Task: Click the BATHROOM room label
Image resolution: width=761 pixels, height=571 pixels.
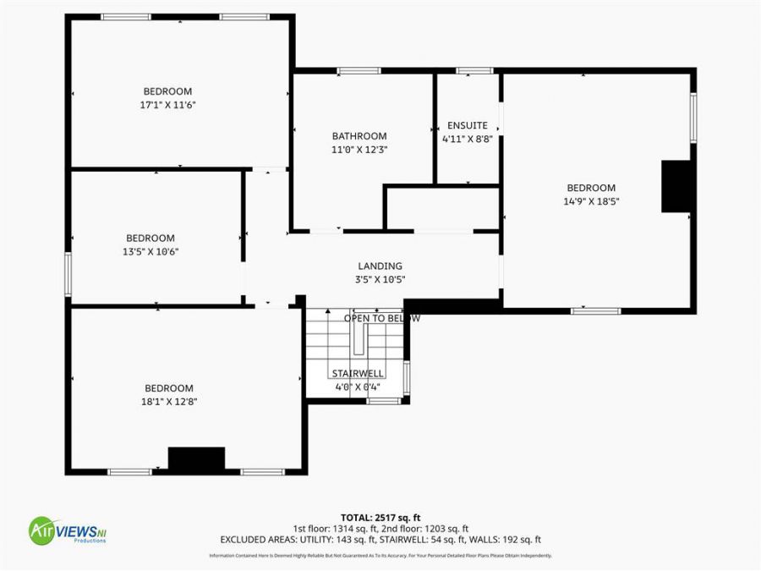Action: (359, 135)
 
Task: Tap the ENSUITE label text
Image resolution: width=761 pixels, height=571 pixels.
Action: (467, 125)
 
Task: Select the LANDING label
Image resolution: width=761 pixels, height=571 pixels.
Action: (380, 266)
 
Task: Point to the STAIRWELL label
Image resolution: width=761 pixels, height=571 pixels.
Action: (358, 373)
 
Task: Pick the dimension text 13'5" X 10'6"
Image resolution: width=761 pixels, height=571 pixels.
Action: (151, 251)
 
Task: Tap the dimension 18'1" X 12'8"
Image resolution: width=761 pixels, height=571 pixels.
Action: (169, 402)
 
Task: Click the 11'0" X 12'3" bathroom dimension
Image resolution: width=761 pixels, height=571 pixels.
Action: (359, 149)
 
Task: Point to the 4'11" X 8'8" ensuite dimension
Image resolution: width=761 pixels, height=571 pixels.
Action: (467, 140)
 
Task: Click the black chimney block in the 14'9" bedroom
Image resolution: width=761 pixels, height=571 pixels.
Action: (677, 186)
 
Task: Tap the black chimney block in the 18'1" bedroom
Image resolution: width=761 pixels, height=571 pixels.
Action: (196, 458)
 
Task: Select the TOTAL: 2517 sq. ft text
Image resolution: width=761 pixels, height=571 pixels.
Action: (380, 517)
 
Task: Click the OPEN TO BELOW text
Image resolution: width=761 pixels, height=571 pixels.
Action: (381, 318)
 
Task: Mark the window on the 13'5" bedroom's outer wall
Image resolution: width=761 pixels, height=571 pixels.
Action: (68, 273)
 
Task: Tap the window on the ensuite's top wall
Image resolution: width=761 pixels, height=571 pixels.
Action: (474, 70)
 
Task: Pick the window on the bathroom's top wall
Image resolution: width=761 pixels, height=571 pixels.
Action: (359, 70)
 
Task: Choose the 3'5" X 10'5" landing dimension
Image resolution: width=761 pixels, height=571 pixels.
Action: (380, 279)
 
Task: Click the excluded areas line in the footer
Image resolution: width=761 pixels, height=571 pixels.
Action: (380, 539)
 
